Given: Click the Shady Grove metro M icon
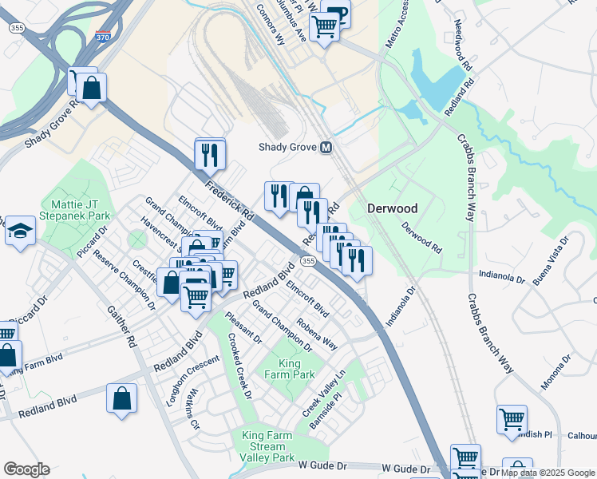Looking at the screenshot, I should pos(326,148).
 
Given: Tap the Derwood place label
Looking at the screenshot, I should pos(393,208).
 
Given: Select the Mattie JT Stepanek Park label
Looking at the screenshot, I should pos(80,210).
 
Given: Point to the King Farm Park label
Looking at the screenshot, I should pos(291,368).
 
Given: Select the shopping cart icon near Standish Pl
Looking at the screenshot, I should pos(512,418).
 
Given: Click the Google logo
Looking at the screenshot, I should pos(26,469).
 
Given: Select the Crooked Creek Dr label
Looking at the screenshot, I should pos(239,373).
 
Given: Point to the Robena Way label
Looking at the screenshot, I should pos(317,333).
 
